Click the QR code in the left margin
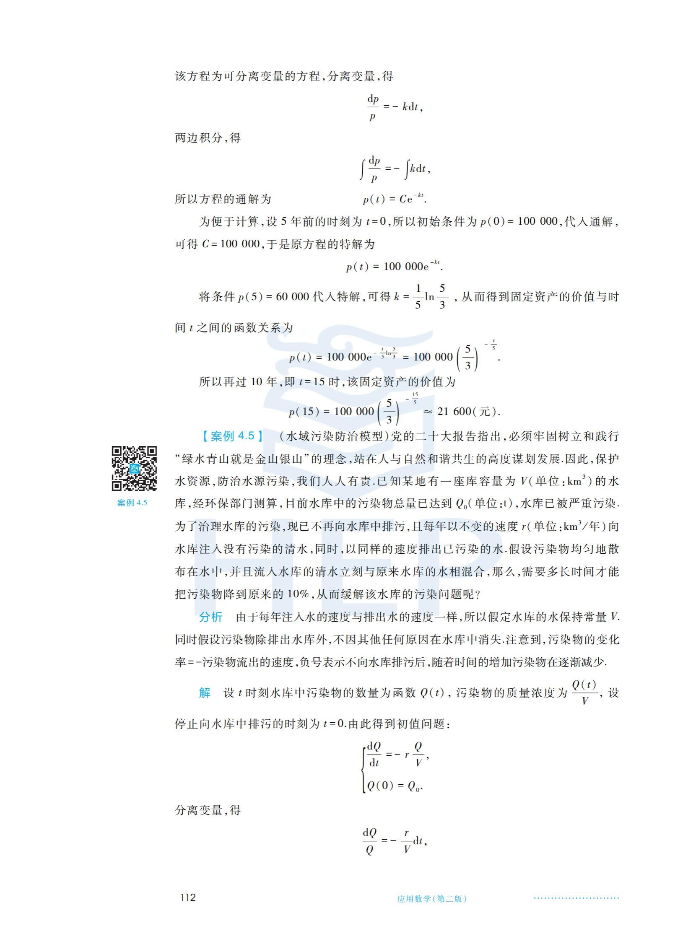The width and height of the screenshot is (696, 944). point(134,468)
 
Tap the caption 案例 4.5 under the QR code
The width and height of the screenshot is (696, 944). point(132,503)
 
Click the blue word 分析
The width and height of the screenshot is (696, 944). point(210,617)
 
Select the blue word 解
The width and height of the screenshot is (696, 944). point(205,692)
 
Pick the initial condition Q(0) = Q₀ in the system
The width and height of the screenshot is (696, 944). point(395,786)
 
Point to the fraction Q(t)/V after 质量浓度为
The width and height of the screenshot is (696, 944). point(584,692)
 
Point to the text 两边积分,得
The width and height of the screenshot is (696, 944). point(208,138)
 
